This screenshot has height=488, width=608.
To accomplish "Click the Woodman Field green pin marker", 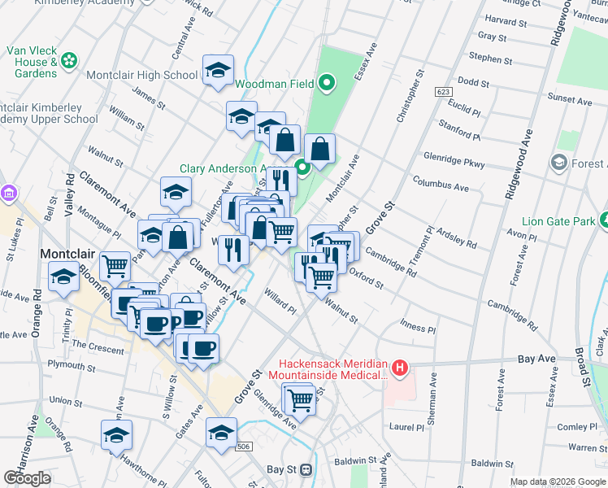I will [x=327, y=82].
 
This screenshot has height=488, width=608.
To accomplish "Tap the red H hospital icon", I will [x=399, y=368].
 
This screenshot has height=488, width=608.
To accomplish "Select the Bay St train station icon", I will [x=306, y=469].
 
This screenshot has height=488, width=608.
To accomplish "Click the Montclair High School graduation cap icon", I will [x=218, y=70].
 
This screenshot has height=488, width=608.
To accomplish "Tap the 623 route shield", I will [x=443, y=91].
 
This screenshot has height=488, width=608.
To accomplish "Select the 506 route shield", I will [x=242, y=447].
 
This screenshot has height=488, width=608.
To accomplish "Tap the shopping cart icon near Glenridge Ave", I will [x=300, y=399].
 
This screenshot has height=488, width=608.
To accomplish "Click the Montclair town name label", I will [x=69, y=254].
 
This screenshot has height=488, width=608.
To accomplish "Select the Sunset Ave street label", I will [x=570, y=97].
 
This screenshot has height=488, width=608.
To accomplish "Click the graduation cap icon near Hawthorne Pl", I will [x=116, y=435].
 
